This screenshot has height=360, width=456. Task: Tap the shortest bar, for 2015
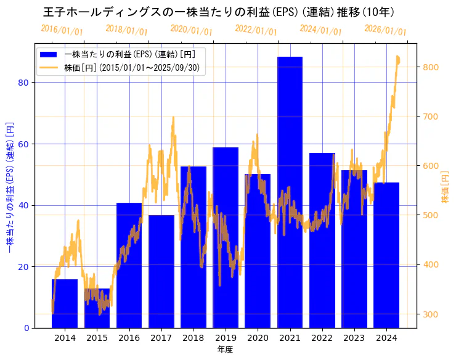pos(97,308)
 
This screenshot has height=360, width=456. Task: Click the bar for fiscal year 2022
pos(322,240)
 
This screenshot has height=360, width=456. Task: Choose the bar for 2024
pos(386,255)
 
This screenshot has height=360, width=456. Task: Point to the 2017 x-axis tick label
pos(161,338)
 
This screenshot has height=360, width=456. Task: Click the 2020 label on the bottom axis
pos(258,338)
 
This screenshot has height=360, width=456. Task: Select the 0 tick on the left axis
pos(26,328)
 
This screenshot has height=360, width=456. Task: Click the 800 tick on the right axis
pos(431,67)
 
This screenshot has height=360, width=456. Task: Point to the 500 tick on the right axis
pos(431,215)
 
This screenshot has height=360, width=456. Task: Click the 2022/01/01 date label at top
pos(256,30)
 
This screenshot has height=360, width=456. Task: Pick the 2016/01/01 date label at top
pos(62,30)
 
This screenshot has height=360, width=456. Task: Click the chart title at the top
pos(219,12)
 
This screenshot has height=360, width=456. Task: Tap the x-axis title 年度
pos(226,350)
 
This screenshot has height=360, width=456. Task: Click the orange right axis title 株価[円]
pos(446,188)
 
